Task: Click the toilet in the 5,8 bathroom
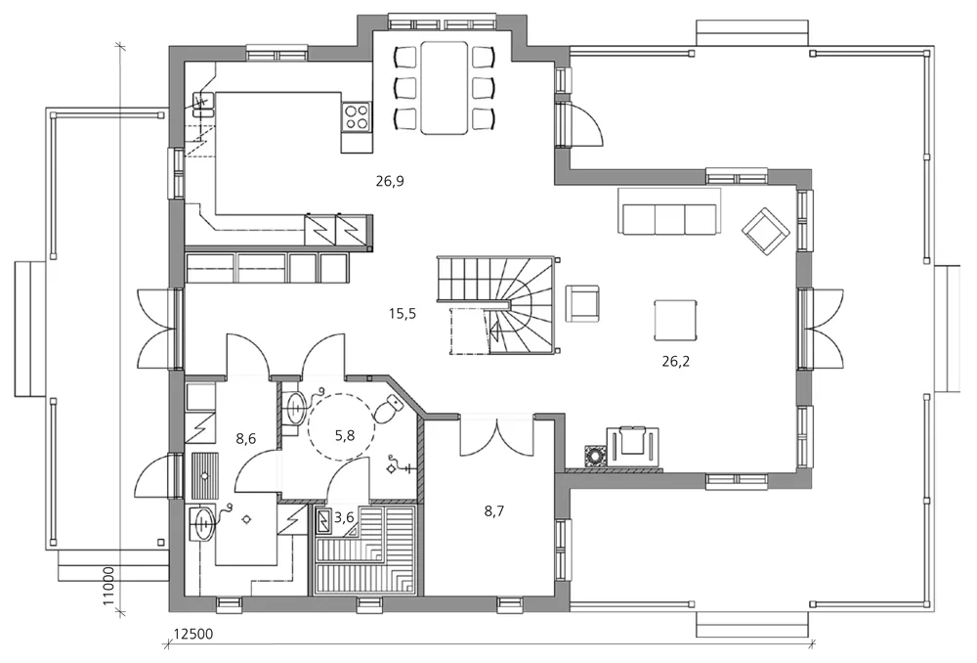pyautogui.click(x=390, y=407)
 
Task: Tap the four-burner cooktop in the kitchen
pyautogui.click(x=357, y=116)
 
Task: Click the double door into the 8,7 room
pyautogui.click(x=497, y=435)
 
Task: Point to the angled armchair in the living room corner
pyautogui.click(x=766, y=232)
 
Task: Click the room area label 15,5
pyautogui.click(x=403, y=314)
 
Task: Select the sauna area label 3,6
pyautogui.click(x=344, y=517)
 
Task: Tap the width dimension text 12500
pyautogui.click(x=193, y=635)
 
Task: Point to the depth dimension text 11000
pyautogui.click(x=108, y=586)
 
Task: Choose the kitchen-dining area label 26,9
pyautogui.click(x=390, y=182)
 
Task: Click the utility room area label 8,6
pyautogui.click(x=246, y=438)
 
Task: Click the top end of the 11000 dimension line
pyautogui.click(x=120, y=46)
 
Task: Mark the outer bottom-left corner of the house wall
pyautogui.click(x=170, y=611)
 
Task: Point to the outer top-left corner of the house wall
pyautogui.click(x=170, y=46)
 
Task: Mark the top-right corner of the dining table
pyautogui.click(x=467, y=42)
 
